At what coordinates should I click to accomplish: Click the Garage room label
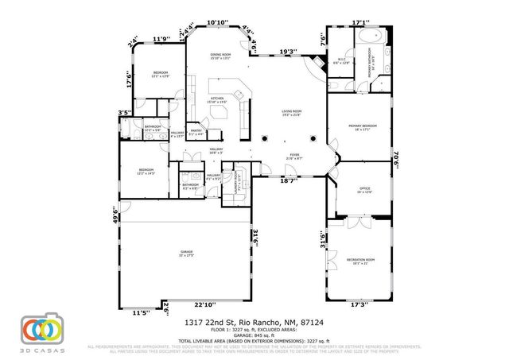pos(186,253)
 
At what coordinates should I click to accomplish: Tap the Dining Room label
pos(220,56)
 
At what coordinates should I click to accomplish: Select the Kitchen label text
pos(218,99)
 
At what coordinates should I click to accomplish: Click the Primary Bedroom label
pos(362,127)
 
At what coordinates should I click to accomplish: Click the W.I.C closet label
pos(343,60)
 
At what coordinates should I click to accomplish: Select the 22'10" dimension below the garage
pos(204,305)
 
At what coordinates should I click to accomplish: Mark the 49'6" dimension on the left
pos(115,214)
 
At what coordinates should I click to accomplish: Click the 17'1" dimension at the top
pos(361,23)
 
